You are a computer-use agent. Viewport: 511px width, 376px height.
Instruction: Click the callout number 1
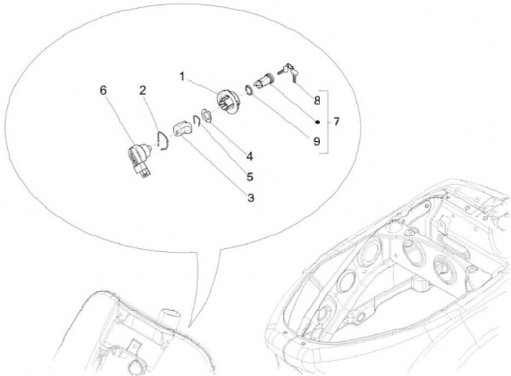coord(182,77)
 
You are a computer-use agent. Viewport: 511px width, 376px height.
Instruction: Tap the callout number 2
coord(143,91)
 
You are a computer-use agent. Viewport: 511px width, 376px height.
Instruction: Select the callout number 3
coord(251,197)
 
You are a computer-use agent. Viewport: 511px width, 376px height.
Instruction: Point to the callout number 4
coord(250,157)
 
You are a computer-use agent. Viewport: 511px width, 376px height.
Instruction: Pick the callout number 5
coord(250,177)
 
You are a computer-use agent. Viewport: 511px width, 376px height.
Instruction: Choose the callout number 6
coord(103,90)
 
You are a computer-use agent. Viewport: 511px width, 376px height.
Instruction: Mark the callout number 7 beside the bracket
coord(336,122)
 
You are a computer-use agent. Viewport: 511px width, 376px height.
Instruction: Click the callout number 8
coord(317,100)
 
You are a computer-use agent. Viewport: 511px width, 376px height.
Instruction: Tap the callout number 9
coord(317,141)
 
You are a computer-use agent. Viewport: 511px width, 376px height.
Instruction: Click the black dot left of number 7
coord(317,122)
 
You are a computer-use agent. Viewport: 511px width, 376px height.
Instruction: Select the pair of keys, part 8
coord(288,72)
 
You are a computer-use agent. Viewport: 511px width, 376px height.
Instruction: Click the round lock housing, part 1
coord(229,101)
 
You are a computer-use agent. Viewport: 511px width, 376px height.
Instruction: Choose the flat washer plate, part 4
coord(207,116)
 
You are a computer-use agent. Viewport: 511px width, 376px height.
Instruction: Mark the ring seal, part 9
coord(249,90)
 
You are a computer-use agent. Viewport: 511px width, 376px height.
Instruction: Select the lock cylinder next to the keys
coord(265,82)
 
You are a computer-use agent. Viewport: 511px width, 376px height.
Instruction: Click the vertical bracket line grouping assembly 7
coord(327,122)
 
